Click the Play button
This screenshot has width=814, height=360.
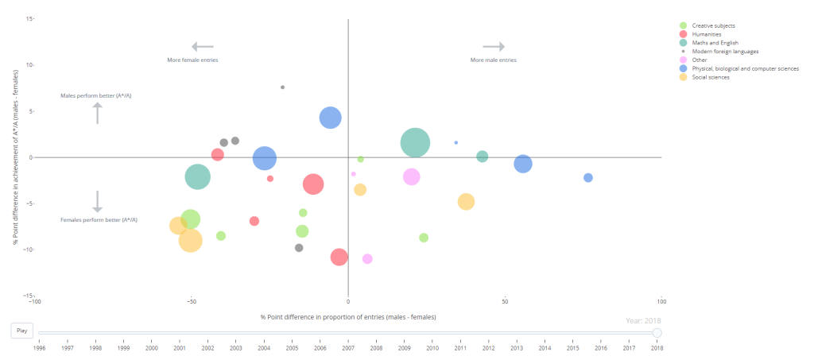[21, 331]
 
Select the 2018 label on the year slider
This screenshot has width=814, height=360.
[657, 347]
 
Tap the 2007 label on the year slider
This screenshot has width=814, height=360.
[348, 347]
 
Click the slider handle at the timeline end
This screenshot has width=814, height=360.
[657, 333]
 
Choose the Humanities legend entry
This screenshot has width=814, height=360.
[706, 34]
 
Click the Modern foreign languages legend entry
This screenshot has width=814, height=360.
[724, 51]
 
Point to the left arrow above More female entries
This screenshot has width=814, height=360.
[202, 47]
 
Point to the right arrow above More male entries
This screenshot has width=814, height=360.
[494, 47]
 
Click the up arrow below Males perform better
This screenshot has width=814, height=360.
[98, 113]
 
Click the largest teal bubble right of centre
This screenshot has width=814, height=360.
[415, 143]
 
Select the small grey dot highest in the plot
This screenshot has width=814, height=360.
[282, 87]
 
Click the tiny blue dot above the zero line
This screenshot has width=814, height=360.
[455, 142]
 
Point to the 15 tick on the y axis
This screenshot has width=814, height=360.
[29, 18]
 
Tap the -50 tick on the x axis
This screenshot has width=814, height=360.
[192, 302]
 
